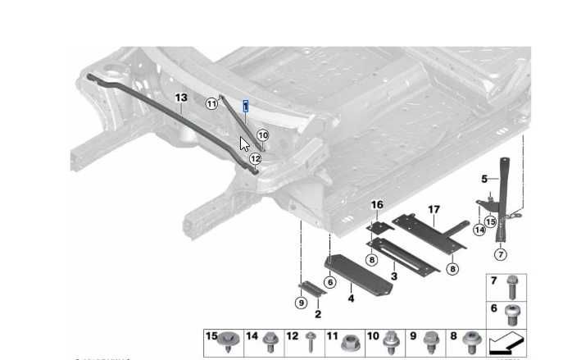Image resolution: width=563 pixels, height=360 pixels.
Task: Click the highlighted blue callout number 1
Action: tap(245, 106)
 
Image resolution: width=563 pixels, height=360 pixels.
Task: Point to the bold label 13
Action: tap(181, 98)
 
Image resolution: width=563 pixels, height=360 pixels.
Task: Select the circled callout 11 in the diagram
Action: tap(212, 104)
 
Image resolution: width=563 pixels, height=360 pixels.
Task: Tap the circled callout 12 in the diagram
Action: tap(255, 159)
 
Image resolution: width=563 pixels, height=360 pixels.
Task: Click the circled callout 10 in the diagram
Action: tap(262, 135)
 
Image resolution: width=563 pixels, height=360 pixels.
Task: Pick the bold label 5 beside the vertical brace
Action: tap(484, 178)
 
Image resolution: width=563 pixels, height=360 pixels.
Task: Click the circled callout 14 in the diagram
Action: tap(479, 230)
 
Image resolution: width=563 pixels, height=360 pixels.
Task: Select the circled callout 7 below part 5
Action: tap(500, 255)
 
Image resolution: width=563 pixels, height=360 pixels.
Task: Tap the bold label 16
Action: tap(377, 204)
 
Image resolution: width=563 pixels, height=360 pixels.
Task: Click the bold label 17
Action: tap(434, 210)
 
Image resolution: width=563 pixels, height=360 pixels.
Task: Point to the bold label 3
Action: tap(394, 276)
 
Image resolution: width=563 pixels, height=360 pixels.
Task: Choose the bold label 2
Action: tap(318, 314)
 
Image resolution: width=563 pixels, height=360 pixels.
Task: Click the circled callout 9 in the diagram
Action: tap(301, 303)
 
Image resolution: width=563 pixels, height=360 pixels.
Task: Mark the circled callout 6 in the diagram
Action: tap(330, 281)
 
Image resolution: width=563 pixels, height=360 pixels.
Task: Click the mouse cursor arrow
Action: tap(244, 144)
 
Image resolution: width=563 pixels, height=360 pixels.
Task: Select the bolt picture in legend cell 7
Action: tap(514, 286)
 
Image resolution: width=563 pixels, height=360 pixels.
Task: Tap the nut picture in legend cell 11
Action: tap(352, 340)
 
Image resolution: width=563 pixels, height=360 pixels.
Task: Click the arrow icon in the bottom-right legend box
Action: tap(506, 341)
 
